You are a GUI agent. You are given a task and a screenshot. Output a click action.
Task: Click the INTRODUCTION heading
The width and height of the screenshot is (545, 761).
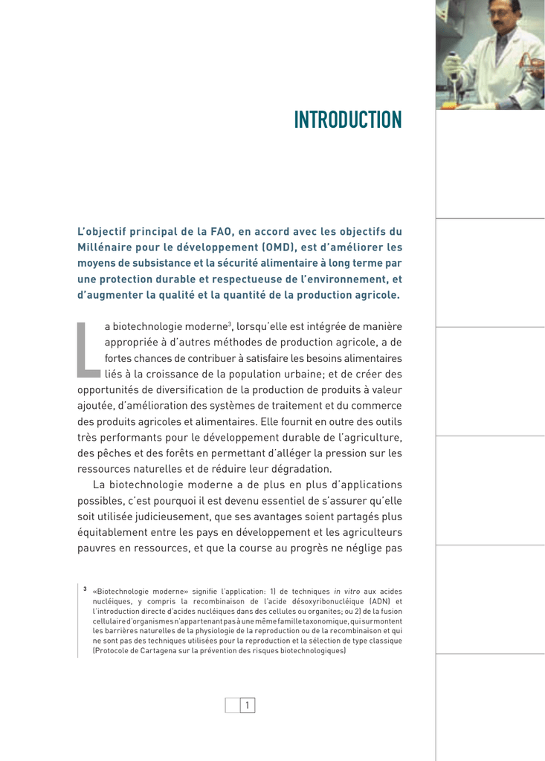(x=347, y=119)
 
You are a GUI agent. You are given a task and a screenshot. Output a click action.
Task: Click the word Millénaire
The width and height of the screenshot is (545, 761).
(x=107, y=247)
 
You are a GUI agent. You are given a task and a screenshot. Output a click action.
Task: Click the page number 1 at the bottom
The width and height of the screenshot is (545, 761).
(x=248, y=705)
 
